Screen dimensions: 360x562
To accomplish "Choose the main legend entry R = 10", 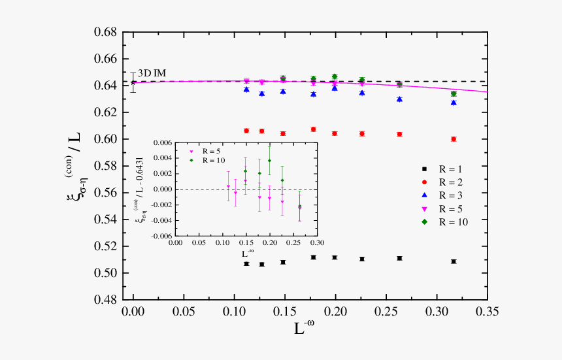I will pos(458,221).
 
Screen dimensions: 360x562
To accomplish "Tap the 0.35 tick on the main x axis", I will pos(487,312).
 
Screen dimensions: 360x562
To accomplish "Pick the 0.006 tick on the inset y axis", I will pos(163,142).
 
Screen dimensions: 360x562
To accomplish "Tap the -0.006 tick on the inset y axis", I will pos(161,236).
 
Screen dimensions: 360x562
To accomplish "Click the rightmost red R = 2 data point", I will pos(454,139).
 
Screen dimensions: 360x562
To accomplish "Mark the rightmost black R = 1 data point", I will pos(454,261).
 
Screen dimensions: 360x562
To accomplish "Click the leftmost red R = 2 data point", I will pos(246,131).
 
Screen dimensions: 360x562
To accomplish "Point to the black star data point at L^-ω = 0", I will pos(133,82).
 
